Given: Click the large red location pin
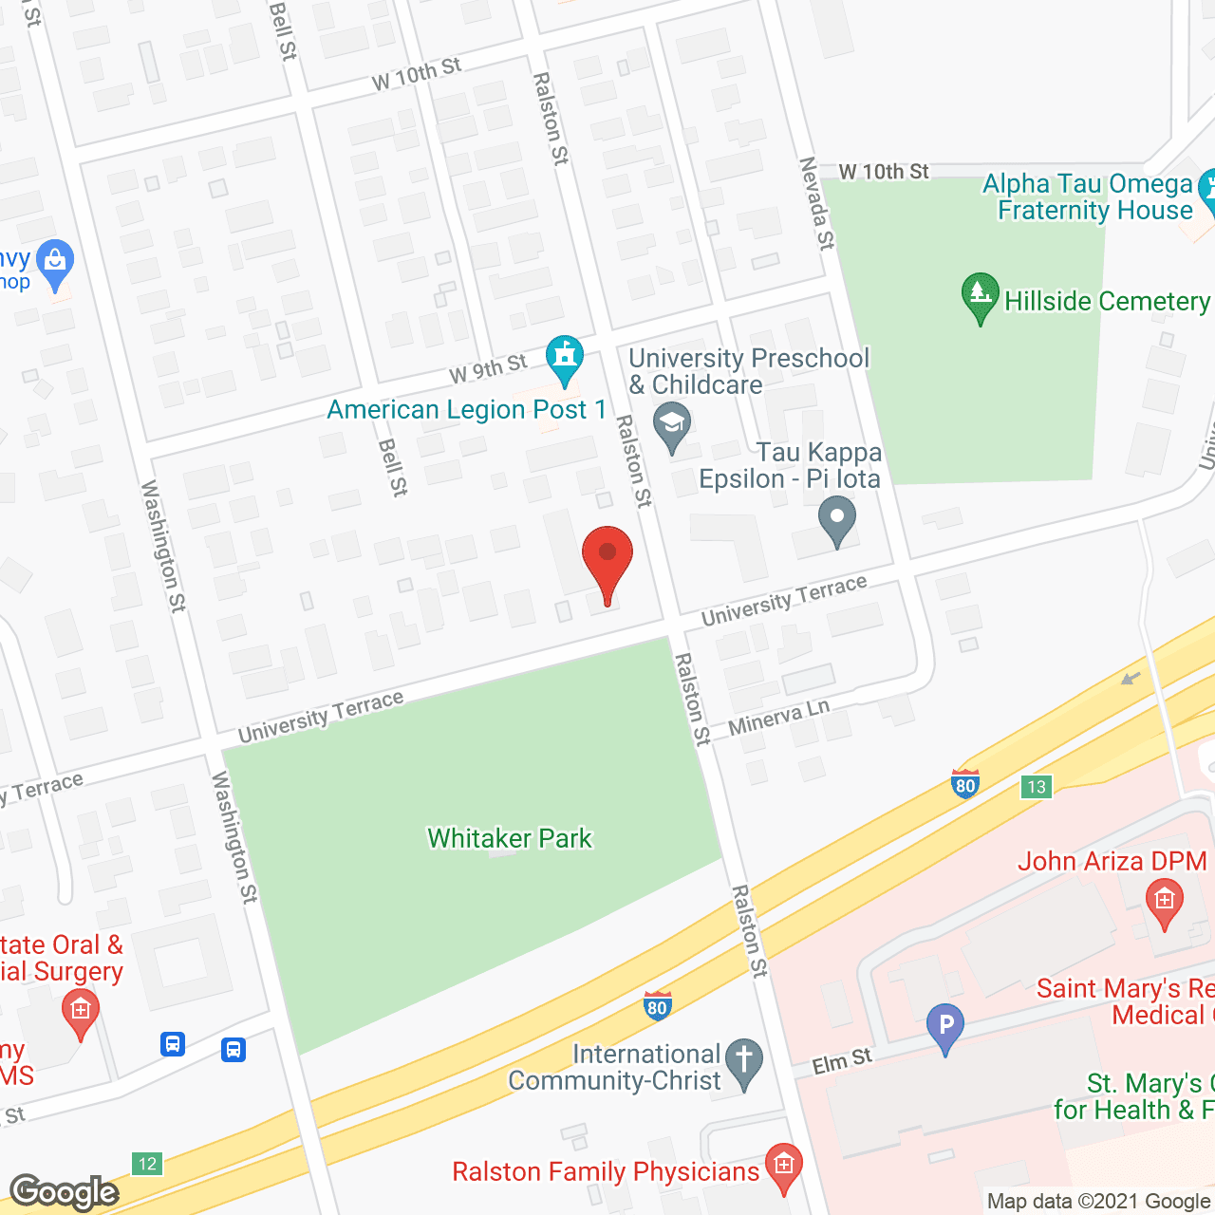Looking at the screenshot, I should coord(607,560).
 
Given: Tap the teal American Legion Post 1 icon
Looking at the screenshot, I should coord(565,358).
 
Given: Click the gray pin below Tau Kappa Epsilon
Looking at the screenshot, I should coord(836,521).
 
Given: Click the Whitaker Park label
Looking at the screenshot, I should coord(510,838).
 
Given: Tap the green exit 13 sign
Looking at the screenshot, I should coord(1036,786).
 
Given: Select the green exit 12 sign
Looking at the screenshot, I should coord(146,1164).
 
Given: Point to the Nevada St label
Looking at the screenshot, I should coord(816,204).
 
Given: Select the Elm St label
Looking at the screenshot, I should coord(841,1061).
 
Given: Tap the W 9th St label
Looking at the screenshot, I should coord(487,368).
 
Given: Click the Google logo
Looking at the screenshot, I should coord(65,1192).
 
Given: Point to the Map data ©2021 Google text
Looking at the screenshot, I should coord(1099,1202).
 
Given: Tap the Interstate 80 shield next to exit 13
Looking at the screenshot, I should coord(965,783).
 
